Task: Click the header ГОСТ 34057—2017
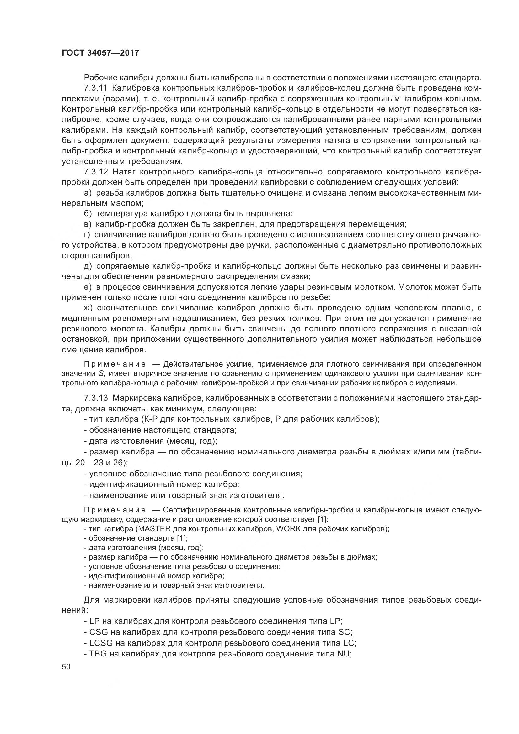[100, 53]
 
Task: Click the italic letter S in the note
[100, 373]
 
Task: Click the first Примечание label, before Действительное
[115, 364]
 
